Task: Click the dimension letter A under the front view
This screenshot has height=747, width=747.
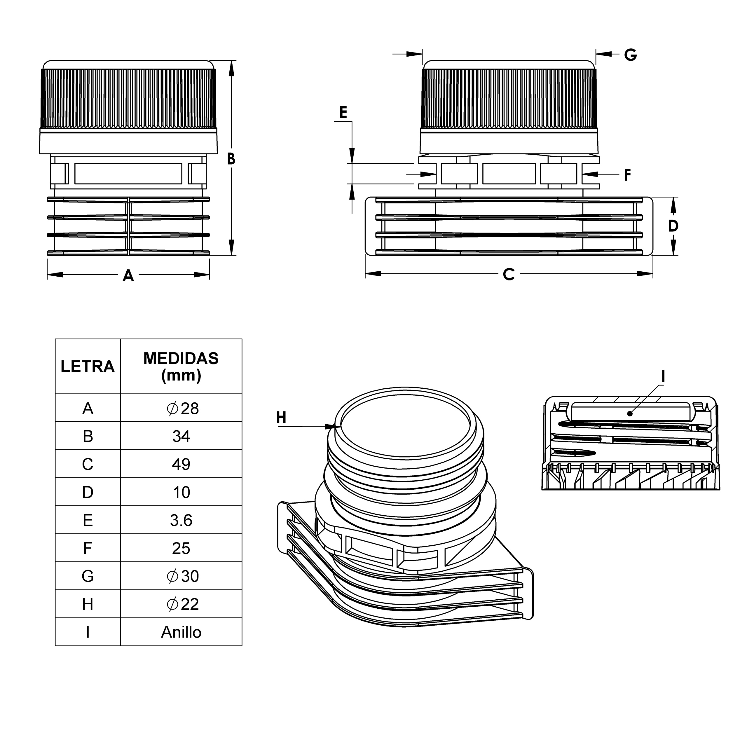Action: pyautogui.click(x=128, y=276)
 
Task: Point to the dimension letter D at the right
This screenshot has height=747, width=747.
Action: pyautogui.click(x=673, y=226)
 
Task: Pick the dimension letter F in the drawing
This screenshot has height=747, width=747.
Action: pyautogui.click(x=628, y=175)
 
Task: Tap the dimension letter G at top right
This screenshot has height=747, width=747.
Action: pyautogui.click(x=631, y=55)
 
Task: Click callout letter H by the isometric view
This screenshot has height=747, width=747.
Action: pyautogui.click(x=281, y=418)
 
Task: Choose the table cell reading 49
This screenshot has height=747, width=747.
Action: pyautogui.click(x=181, y=464)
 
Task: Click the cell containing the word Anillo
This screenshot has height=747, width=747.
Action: pyautogui.click(x=181, y=632)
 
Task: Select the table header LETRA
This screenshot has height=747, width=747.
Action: pyautogui.click(x=88, y=366)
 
